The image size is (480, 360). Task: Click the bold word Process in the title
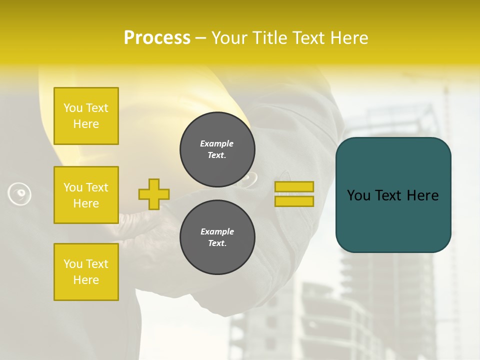pos(157,38)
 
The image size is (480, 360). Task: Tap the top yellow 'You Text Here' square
pos(86,116)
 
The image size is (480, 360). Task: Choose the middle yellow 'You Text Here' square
pos(86,195)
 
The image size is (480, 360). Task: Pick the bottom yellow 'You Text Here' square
pos(86,272)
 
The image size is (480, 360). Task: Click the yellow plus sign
pos(154,194)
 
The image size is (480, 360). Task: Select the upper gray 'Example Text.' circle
pos(217,149)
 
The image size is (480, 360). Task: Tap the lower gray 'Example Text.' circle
pos(217,237)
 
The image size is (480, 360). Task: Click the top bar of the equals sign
pos(294,187)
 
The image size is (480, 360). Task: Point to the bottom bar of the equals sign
pos(294,201)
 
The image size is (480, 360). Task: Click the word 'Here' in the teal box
pos(422,195)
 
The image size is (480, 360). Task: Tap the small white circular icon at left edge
pos(19,193)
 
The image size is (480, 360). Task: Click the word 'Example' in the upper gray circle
pos(217,143)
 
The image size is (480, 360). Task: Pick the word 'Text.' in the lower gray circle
pos(217,243)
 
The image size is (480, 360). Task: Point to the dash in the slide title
pos(201,38)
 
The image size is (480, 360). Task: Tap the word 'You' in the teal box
pos(359,195)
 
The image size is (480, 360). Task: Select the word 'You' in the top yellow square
pos(72,108)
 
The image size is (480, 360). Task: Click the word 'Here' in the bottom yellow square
pos(86,280)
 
